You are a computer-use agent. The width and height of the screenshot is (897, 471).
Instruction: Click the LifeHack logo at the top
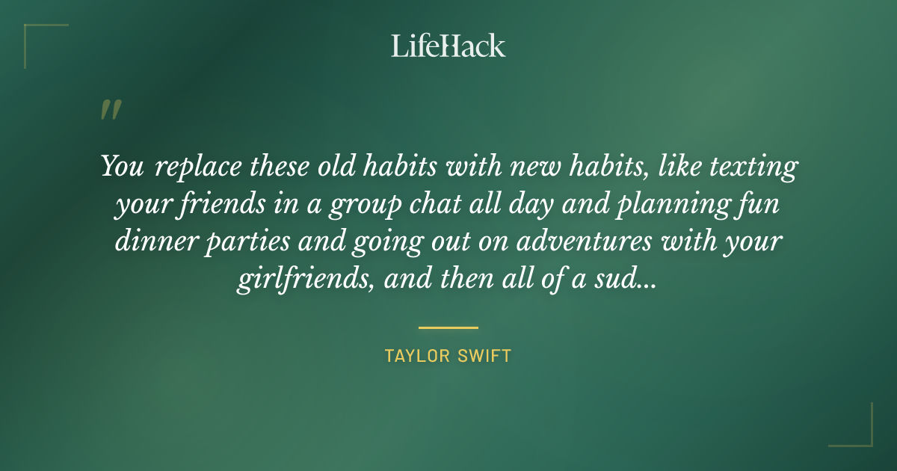[x=449, y=46]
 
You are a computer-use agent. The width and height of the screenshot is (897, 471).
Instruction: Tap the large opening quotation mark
[x=110, y=111]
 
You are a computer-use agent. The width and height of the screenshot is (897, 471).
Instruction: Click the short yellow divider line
[x=449, y=327]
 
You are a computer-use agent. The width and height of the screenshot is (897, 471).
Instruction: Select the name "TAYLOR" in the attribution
[x=414, y=356]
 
